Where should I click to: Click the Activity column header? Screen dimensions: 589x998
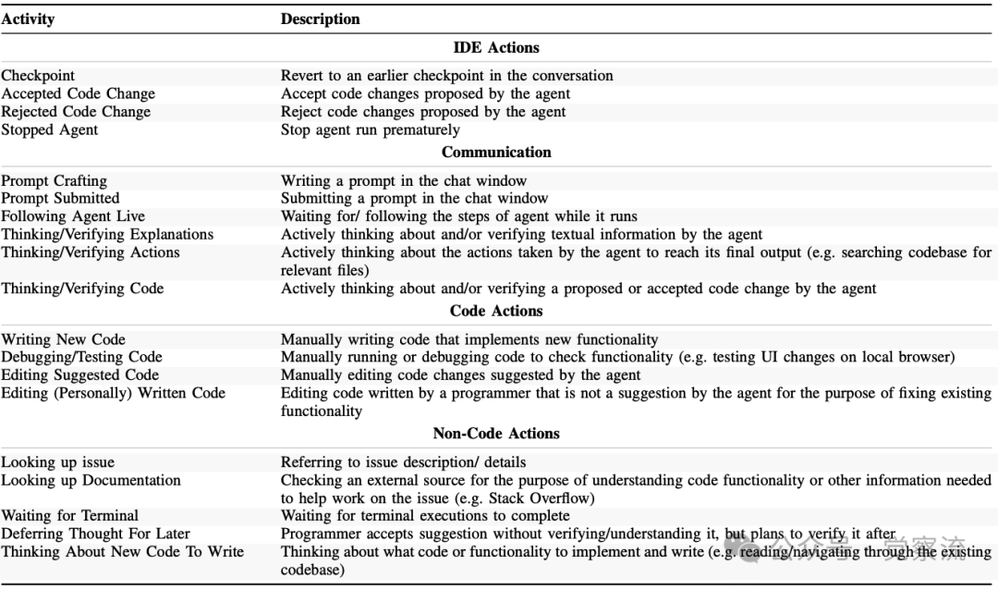(x=28, y=18)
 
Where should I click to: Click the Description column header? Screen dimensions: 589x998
(x=321, y=18)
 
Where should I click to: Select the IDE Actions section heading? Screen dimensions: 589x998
(x=496, y=47)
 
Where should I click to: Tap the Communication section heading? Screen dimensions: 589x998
(x=496, y=152)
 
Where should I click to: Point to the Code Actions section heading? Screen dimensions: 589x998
(x=496, y=311)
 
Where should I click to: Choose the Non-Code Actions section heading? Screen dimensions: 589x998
(x=496, y=433)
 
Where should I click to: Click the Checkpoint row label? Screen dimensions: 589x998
(x=38, y=76)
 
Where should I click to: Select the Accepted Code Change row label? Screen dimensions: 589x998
(x=78, y=93)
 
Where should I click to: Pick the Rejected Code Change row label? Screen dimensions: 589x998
(x=76, y=112)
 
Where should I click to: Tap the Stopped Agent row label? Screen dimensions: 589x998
(x=49, y=130)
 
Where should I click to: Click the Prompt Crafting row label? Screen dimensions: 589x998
(x=54, y=180)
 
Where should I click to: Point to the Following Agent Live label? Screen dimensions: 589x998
(x=73, y=216)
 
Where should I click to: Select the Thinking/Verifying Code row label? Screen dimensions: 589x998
(x=82, y=288)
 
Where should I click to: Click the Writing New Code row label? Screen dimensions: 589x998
(x=63, y=339)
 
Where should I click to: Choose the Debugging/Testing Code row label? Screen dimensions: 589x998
(x=81, y=357)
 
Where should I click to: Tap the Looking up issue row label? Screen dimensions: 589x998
(x=57, y=462)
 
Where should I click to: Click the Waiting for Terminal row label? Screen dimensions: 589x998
(x=69, y=516)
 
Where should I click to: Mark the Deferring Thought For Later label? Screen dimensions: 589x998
(x=95, y=534)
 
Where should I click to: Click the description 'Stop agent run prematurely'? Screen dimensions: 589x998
(x=370, y=130)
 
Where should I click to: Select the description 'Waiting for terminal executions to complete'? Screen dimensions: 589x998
(x=425, y=516)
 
